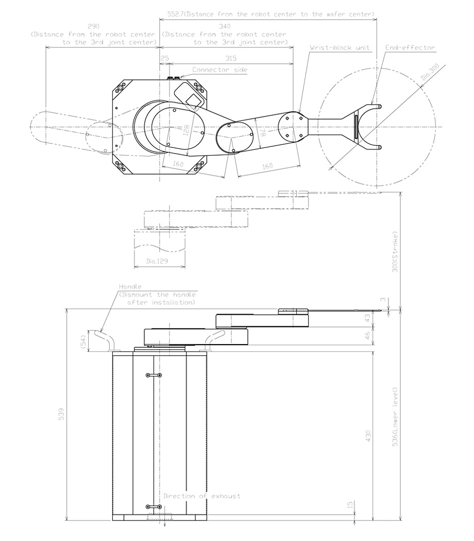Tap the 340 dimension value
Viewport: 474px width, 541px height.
pos(225,26)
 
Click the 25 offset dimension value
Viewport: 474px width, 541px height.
pos(164,58)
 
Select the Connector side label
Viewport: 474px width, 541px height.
pos(219,70)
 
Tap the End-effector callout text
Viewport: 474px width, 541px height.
pos(410,47)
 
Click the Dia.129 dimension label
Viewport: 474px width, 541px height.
pos(158,262)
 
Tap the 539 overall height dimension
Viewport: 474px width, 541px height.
pos(61,414)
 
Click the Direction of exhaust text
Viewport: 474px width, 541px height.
pos(202,496)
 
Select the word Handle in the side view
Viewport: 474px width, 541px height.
pos(130,286)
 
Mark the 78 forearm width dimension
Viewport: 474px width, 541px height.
pos(262,132)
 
